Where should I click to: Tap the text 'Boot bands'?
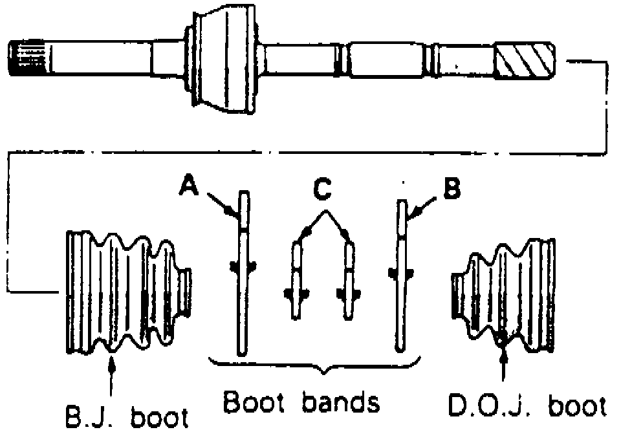pos(301,403)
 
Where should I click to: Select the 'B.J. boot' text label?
pos(124,416)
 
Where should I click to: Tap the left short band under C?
pos(297,278)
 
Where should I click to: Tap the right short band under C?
pos(349,278)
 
